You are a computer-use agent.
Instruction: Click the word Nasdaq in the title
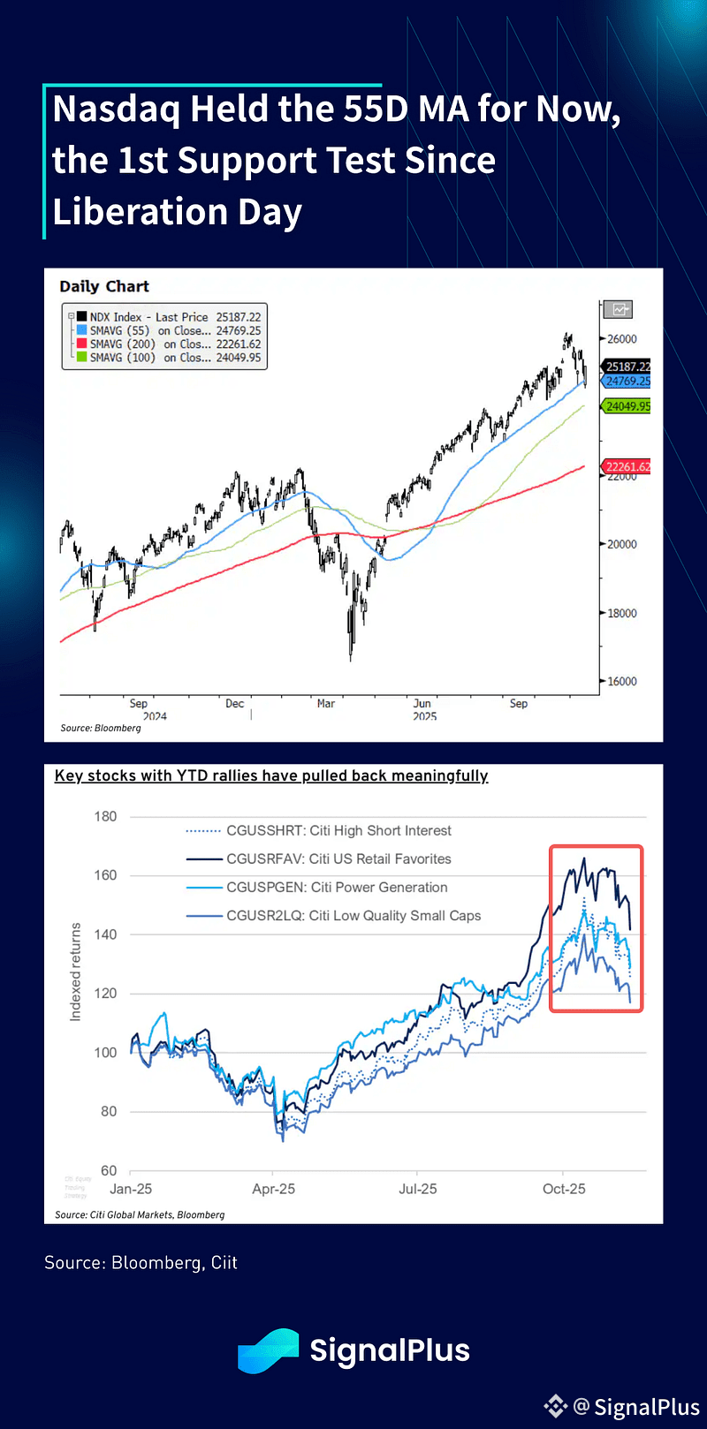click(117, 109)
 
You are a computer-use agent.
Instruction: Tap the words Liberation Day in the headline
click(177, 212)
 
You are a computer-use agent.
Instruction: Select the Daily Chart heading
click(104, 286)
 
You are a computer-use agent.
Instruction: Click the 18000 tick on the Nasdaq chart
click(621, 613)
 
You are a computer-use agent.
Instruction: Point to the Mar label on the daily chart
click(326, 704)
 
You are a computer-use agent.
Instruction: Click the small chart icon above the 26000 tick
click(619, 310)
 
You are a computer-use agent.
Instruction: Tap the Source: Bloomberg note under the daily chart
click(101, 728)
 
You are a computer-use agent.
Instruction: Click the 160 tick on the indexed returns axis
click(106, 875)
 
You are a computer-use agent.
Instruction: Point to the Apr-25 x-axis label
click(274, 1189)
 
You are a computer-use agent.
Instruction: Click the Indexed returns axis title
click(76, 972)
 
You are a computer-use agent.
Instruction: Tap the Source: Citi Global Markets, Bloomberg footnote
click(140, 1214)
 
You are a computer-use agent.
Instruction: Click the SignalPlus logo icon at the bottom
click(269, 1350)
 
